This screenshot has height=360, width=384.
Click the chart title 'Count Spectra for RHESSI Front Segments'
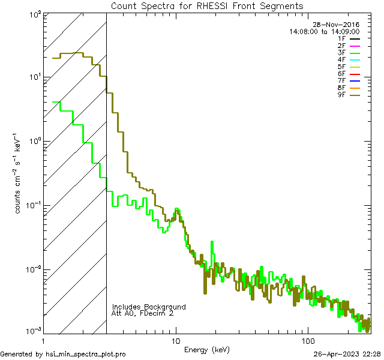(207, 6)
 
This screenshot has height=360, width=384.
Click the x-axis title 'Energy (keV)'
(207, 349)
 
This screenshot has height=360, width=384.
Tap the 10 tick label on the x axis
(175, 340)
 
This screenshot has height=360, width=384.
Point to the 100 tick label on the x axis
(308, 340)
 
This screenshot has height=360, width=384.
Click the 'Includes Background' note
(149, 307)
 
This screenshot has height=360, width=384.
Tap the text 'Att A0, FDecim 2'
(143, 313)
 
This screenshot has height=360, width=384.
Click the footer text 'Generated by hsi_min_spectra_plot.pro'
(63, 355)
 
